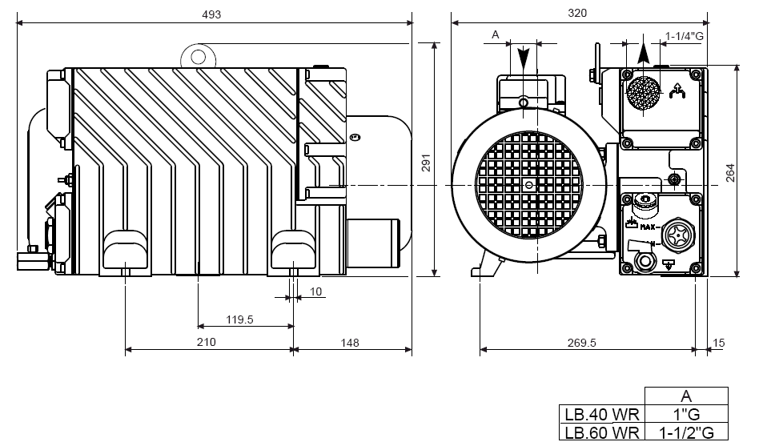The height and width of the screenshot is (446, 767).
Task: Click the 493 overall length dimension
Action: click(211, 14)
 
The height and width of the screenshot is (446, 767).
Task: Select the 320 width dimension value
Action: click(577, 13)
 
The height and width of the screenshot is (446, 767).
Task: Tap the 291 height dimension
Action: click(426, 163)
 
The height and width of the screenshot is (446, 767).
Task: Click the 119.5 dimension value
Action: click(239, 319)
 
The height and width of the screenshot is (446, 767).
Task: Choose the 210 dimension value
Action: click(206, 343)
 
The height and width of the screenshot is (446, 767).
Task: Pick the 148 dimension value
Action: click(350, 343)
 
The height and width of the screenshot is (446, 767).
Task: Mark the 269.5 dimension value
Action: click(582, 343)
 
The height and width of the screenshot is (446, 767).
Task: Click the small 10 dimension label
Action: click(315, 291)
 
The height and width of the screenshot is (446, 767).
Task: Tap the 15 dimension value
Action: click(718, 343)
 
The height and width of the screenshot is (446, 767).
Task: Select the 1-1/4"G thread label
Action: click(685, 35)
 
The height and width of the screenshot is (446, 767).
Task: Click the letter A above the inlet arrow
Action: click(496, 34)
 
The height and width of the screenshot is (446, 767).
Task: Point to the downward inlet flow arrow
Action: click(523, 58)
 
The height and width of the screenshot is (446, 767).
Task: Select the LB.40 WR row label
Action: click(601, 414)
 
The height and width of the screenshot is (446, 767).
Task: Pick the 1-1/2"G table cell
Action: click(685, 433)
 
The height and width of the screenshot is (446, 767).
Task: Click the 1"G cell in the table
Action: click(685, 414)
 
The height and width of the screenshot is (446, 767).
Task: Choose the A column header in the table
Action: click(685, 396)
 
